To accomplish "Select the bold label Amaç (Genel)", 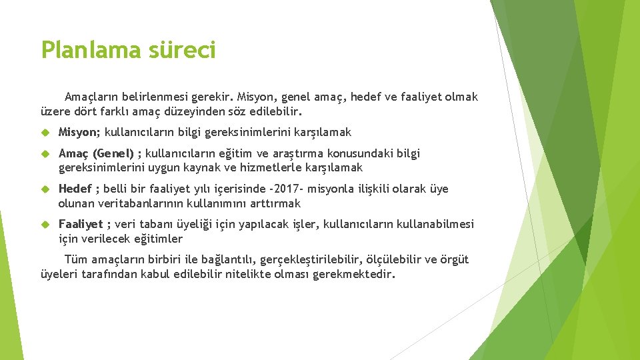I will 96,154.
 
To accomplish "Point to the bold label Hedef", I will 75,189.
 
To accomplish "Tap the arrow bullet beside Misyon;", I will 45,133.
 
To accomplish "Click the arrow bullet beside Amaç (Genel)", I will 45,154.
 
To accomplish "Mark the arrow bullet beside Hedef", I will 45,189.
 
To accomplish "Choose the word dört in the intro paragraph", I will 83,111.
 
